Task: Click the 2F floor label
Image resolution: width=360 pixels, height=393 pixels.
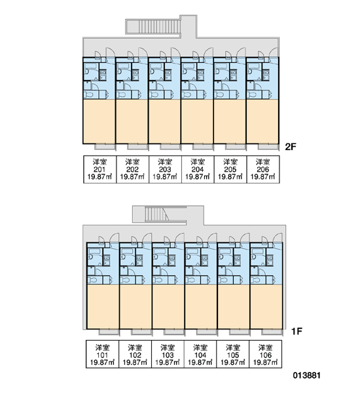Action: coord(291,147)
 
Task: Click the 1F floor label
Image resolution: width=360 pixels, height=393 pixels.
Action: coord(297,331)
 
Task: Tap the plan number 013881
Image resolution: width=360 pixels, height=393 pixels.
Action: coord(306,375)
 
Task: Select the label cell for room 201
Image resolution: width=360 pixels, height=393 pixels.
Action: coord(99,170)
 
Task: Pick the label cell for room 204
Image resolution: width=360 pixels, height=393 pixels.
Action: coord(198,170)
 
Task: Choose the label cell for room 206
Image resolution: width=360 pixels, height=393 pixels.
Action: coord(263,170)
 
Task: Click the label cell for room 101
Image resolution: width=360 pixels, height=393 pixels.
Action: coord(103,354)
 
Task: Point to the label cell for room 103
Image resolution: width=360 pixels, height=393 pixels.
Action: coord(168,354)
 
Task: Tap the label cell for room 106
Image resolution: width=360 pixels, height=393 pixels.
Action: coord(266,354)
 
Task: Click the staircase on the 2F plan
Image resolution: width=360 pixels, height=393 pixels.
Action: coord(153,27)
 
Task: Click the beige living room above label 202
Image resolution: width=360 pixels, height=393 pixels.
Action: coord(132,122)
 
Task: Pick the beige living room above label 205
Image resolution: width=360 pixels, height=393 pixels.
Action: coord(230,122)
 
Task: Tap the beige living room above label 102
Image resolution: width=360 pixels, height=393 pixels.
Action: coord(135,307)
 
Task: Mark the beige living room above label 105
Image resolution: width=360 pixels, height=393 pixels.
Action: coord(233,307)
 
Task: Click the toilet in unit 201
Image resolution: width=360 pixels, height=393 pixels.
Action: coord(89,95)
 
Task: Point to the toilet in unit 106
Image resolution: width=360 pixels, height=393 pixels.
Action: coord(256,280)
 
